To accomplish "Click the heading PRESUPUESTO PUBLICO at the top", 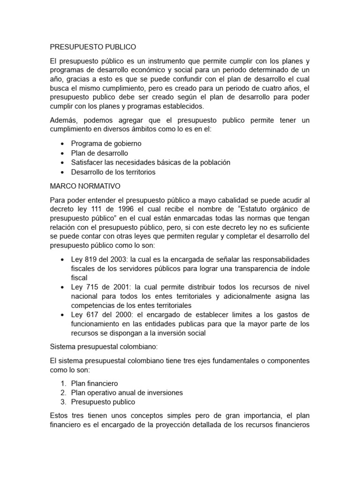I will (x=92, y=47).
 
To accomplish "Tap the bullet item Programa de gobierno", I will (x=106, y=143).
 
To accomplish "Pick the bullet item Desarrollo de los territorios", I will (x=113, y=172).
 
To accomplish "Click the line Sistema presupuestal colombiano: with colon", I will (x=98, y=346).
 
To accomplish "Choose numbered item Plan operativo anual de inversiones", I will (x=127, y=393).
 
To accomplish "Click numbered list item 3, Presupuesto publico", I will (x=103, y=402).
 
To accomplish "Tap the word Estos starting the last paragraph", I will (x=60, y=416).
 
